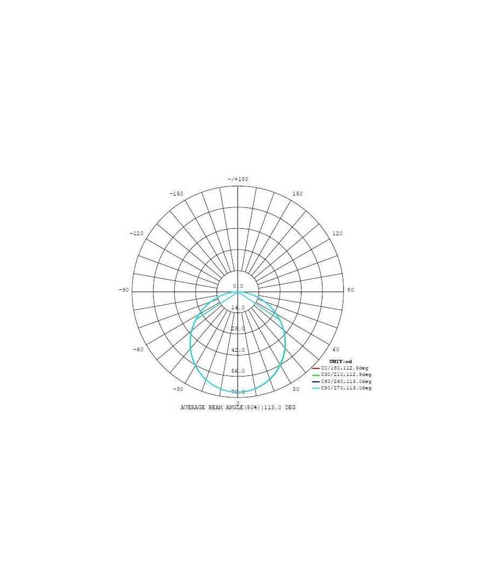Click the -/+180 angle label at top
(238, 179)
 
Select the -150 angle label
(176, 193)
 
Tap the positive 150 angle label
(297, 193)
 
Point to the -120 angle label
(136, 234)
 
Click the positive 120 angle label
(337, 234)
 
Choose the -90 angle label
(124, 289)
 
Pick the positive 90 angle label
(350, 289)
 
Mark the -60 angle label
(138, 350)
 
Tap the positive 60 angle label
(336, 349)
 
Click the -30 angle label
(178, 389)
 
